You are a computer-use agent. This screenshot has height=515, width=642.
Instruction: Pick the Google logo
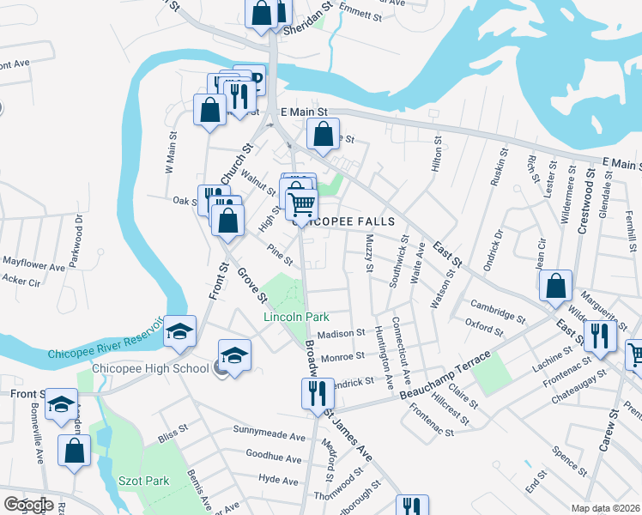pyautogui.click(x=28, y=505)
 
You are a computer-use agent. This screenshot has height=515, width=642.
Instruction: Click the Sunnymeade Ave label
pyautogui.click(x=270, y=429)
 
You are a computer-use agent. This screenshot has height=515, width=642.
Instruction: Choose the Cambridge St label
pyautogui.click(x=497, y=310)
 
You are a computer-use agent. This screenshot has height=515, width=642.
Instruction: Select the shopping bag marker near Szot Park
pyautogui.click(x=75, y=449)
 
